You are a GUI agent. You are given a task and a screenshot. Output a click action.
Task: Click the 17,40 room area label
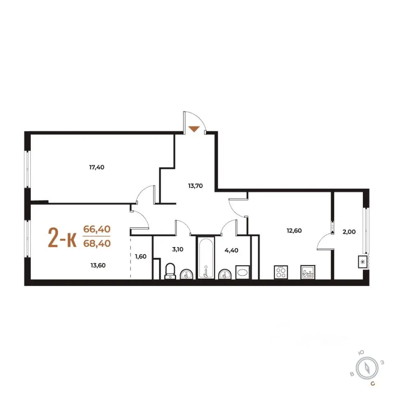pos(97,167)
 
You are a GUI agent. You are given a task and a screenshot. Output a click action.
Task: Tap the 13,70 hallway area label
pos(195,186)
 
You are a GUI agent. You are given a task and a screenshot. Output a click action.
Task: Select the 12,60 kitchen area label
pos(294,230)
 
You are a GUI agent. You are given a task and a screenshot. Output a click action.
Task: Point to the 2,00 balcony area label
pos(349,231)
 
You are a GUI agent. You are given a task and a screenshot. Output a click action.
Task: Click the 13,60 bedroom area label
pos(98,266)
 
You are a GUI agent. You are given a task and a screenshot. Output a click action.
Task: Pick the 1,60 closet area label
pos(140,257)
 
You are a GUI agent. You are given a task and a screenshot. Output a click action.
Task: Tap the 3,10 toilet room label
pos(178,249)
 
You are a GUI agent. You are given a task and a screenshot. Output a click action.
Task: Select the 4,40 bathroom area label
pos(231,250)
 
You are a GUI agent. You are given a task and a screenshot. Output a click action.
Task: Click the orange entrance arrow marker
pos(194,129)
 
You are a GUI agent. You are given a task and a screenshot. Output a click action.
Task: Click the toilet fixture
pos(170,271)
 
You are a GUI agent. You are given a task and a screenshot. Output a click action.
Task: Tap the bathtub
pos(206,258)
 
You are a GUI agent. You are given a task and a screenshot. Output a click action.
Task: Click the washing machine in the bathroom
pos(243,273)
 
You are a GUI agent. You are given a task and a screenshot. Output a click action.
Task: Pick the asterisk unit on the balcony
pos(362,262)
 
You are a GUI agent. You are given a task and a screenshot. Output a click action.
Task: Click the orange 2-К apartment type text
pos(62,238)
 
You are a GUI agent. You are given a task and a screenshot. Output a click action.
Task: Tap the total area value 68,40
pos(97,243)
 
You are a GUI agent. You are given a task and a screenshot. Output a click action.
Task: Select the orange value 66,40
pos(97,229)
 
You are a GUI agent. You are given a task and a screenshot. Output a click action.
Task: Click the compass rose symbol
pos(367,369)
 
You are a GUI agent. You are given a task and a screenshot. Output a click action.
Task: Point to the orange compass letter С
pos(373,384)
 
